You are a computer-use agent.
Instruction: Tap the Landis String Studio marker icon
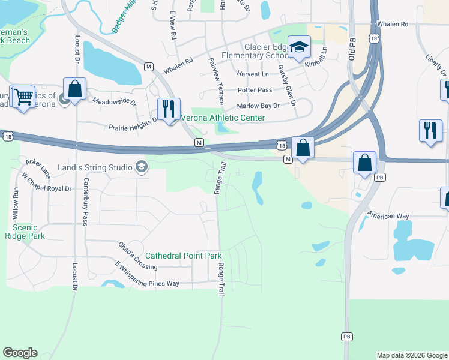[142, 167]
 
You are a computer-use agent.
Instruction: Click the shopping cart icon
[22, 96]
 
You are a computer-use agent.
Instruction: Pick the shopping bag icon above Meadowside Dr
[74, 89]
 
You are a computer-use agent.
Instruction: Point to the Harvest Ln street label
[252, 74]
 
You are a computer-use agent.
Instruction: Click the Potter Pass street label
[255, 90]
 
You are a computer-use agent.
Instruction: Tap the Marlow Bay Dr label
[258, 106]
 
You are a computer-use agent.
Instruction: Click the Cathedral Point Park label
[184, 256]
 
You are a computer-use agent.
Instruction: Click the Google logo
[20, 353]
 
